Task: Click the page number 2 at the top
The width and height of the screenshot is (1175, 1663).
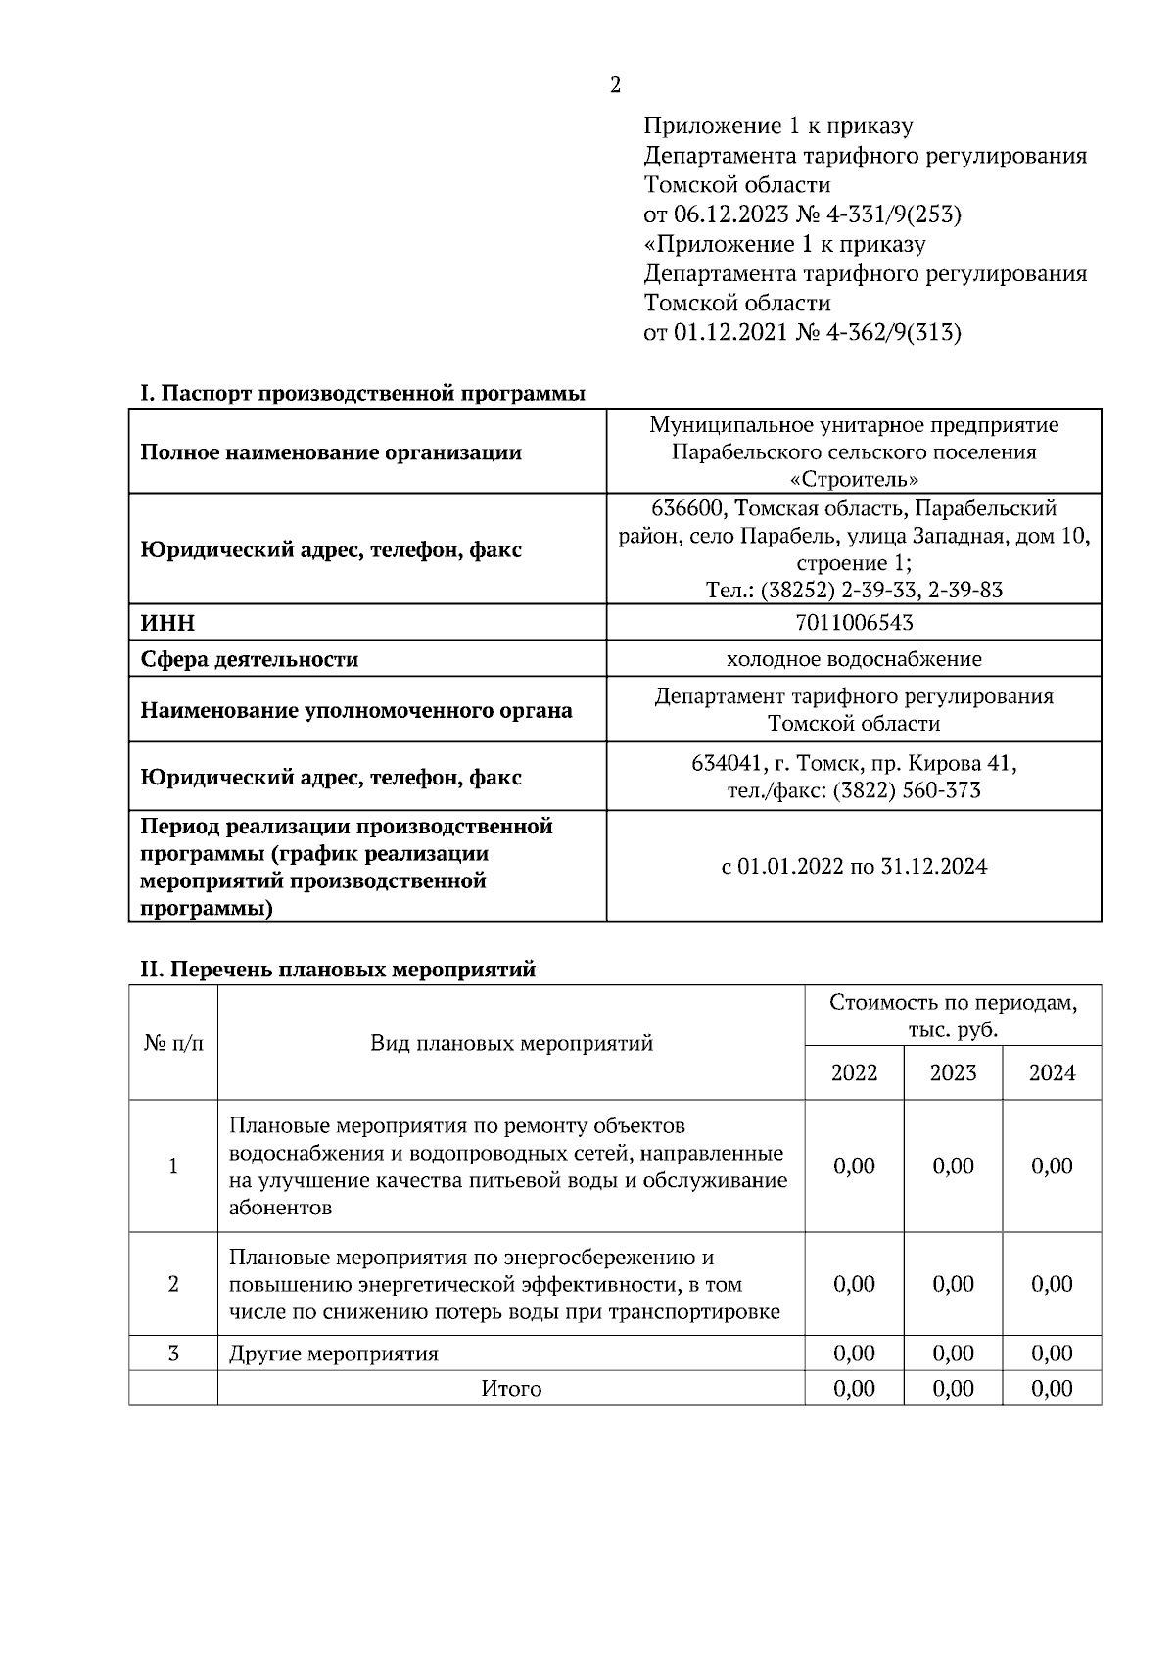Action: pos(615,86)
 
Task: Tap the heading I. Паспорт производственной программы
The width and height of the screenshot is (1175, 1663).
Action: pos(362,394)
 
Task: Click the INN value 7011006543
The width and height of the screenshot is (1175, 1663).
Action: pos(854,623)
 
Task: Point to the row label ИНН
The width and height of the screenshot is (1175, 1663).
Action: pos(167,624)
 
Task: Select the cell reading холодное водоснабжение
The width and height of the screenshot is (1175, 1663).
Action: pos(854,659)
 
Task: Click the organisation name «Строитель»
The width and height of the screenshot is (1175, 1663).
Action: pos(854,479)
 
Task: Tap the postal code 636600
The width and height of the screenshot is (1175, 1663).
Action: pos(688,508)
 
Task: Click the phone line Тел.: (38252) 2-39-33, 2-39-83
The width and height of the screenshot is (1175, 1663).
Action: pos(854,590)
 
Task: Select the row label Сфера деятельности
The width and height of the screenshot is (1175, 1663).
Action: pos(249,660)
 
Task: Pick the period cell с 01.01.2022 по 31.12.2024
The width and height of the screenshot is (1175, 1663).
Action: pos(854,867)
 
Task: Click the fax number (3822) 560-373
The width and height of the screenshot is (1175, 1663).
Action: pos(907,790)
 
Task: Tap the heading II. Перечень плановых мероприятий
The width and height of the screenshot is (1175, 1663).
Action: pos(338,970)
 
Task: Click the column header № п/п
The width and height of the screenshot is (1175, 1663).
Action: pos(173,1043)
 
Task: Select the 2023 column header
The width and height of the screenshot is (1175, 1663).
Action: pos(953,1073)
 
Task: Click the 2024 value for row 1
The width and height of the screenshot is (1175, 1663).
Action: pos(1052,1165)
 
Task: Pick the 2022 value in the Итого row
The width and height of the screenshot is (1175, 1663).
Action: pos(854,1389)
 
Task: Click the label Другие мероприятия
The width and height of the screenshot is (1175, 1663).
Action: pos(333,1354)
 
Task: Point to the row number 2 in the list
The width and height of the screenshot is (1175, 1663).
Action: pos(173,1284)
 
